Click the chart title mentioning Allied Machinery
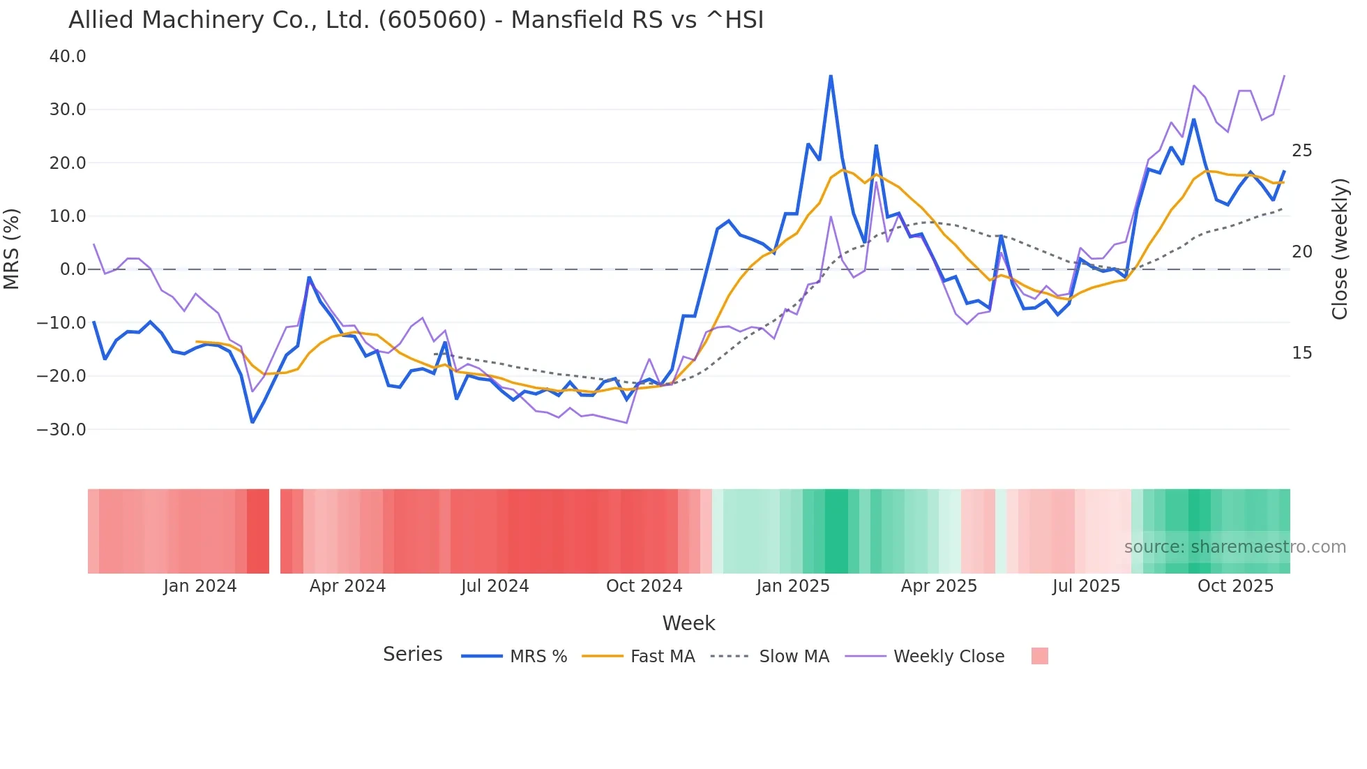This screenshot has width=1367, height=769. click(x=416, y=20)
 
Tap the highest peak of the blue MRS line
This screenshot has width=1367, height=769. click(x=831, y=76)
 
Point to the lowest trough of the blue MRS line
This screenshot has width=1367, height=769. click(x=252, y=422)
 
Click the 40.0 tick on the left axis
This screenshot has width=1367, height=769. click(x=68, y=57)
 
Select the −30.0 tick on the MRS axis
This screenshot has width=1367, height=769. click(x=61, y=430)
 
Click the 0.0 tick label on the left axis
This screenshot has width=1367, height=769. click(x=73, y=269)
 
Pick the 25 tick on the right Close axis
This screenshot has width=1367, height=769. click(x=1301, y=151)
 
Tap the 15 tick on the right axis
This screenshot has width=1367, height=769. click(x=1301, y=353)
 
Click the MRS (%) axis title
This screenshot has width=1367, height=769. click(x=12, y=248)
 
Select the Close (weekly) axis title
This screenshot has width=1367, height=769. click(x=1339, y=248)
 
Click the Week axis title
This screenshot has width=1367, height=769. click(x=688, y=623)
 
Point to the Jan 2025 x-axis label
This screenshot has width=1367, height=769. click(x=793, y=586)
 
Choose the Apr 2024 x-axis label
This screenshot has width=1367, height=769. click(x=347, y=586)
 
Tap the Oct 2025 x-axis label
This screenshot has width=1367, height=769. click(x=1235, y=586)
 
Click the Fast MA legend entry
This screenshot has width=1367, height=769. click(x=663, y=657)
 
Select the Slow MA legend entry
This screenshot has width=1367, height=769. click(x=794, y=657)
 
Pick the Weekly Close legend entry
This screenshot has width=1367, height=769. click(x=949, y=657)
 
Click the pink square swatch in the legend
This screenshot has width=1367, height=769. click(x=1039, y=656)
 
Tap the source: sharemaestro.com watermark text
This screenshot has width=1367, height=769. click(x=1234, y=547)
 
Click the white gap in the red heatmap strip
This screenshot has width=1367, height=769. click(x=275, y=531)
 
